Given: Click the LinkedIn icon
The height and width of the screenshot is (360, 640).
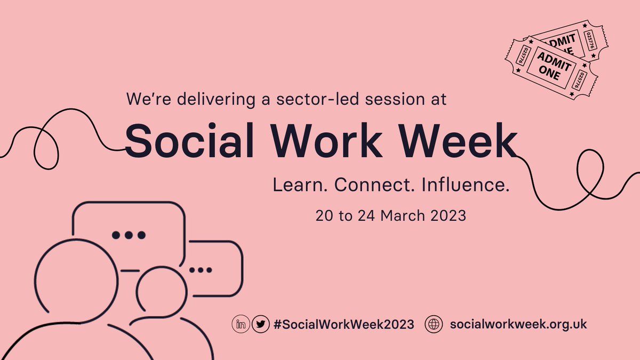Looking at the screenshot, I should click(x=241, y=324).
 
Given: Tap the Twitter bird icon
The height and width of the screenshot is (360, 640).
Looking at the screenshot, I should click(x=260, y=324).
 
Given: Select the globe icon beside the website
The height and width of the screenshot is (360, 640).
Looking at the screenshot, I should click(x=434, y=324).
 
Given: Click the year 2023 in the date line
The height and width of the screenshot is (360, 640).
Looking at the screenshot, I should click(x=447, y=216).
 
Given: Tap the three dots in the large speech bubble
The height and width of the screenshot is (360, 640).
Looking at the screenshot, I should click(x=128, y=235).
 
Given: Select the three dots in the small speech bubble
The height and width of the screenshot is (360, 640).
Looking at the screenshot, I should click(x=201, y=270).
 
